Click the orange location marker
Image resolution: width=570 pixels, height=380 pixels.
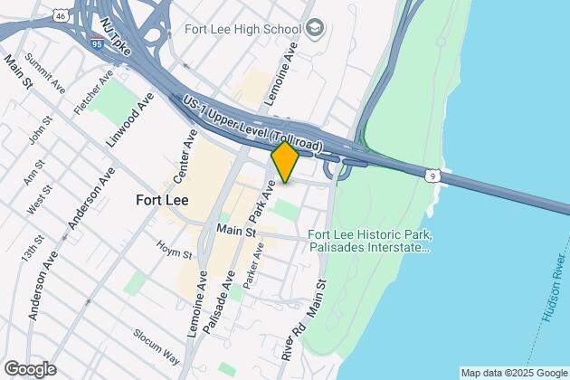click(285, 161)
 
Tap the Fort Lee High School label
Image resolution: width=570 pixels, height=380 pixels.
click(242, 27)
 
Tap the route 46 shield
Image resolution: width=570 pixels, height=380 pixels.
click(60, 15)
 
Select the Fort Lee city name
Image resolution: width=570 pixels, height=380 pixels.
click(161, 200)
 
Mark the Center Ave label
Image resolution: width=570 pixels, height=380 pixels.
click(190, 155)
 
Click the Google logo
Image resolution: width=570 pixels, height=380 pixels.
click(29, 368)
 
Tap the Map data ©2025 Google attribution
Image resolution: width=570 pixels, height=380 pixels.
click(512, 373)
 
